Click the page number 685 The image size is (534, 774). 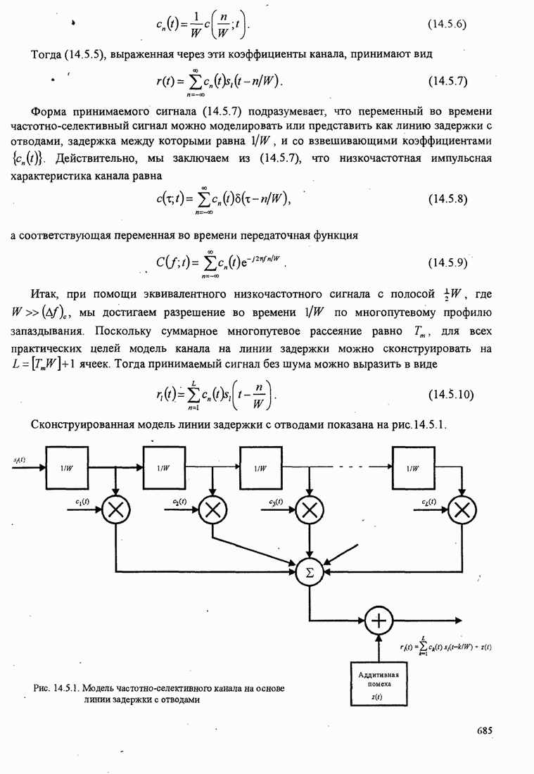[483, 730]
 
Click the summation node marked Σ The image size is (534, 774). [307, 572]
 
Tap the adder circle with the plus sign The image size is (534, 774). [379, 620]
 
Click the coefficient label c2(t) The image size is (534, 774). [179, 502]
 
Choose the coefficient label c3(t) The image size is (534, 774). [276, 502]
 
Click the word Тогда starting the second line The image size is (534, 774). [47, 55]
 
